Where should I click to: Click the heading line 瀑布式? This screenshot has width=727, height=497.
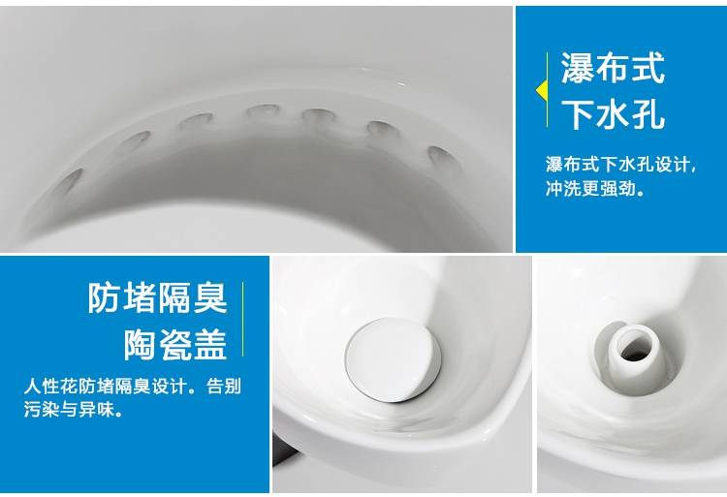tap(613, 68)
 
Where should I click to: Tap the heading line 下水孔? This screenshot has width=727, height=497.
tap(613, 114)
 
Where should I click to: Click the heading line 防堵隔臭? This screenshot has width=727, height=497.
tap(158, 297)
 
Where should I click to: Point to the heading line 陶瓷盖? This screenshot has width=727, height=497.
tap(175, 345)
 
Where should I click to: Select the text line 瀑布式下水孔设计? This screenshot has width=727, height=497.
tap(620, 165)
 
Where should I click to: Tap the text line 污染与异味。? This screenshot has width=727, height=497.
tap(74, 409)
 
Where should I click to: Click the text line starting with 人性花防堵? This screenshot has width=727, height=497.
tap(133, 386)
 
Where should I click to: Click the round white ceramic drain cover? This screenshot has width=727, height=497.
tap(393, 359)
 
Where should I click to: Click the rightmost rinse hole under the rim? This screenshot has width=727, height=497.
tap(443, 158)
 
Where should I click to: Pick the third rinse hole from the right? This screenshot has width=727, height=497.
tap(319, 116)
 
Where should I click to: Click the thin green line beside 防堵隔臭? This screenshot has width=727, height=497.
tap(243, 319)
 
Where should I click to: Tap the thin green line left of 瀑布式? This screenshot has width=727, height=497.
tap(547, 89)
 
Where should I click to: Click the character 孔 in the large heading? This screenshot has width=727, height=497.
tap(648, 114)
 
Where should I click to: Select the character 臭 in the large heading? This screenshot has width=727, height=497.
tap(210, 297)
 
